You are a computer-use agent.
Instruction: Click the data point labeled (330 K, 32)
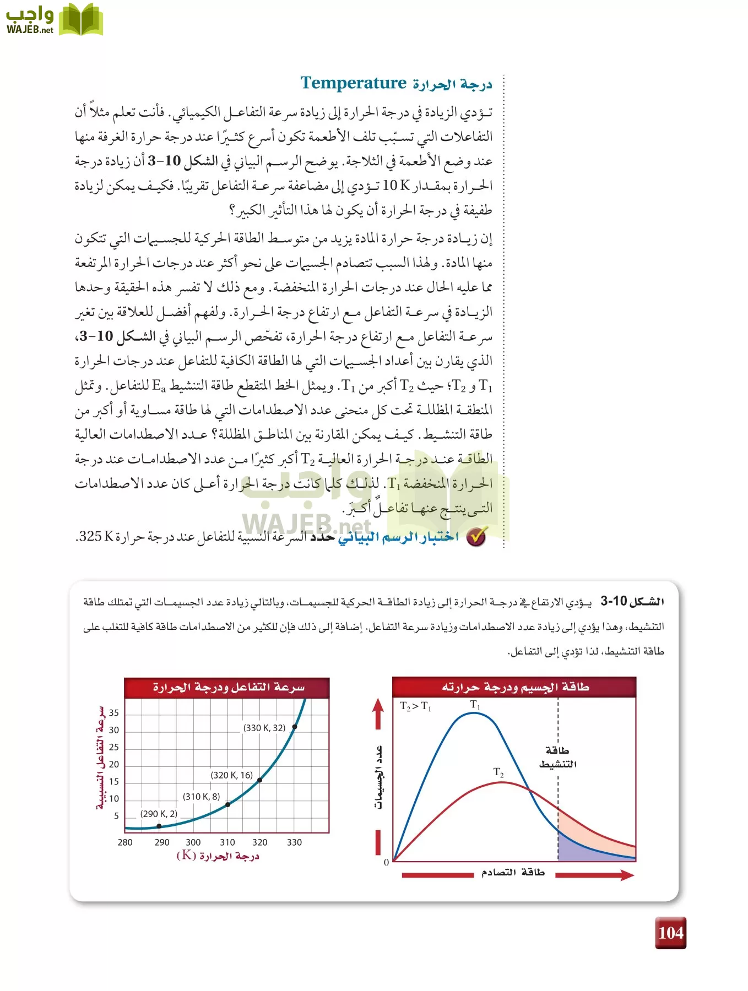point(295,727)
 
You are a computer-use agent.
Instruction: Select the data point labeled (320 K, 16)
point(260,780)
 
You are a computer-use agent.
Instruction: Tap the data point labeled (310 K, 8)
point(228,804)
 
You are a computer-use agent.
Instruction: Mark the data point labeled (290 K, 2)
point(159,826)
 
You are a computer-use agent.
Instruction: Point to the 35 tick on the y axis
point(114,713)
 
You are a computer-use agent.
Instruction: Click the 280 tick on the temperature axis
point(125,842)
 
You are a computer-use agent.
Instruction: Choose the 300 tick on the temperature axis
point(193,842)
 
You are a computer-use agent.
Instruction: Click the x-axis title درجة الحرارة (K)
point(218,856)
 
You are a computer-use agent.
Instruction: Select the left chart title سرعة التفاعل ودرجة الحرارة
point(228,688)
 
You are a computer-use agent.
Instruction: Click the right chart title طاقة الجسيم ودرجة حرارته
point(515,687)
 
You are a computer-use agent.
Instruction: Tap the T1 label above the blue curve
point(475,705)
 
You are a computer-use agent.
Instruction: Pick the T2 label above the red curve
point(498,772)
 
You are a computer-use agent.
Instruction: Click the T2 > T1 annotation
point(416,706)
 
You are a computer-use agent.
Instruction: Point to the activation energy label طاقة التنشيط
point(557,758)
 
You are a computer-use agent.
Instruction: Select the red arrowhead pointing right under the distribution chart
point(626,875)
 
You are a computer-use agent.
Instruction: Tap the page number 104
point(670,933)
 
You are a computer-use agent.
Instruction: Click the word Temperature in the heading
point(354,83)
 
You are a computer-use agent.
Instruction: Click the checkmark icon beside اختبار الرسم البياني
point(476,536)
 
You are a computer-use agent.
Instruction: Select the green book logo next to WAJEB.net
point(81,20)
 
